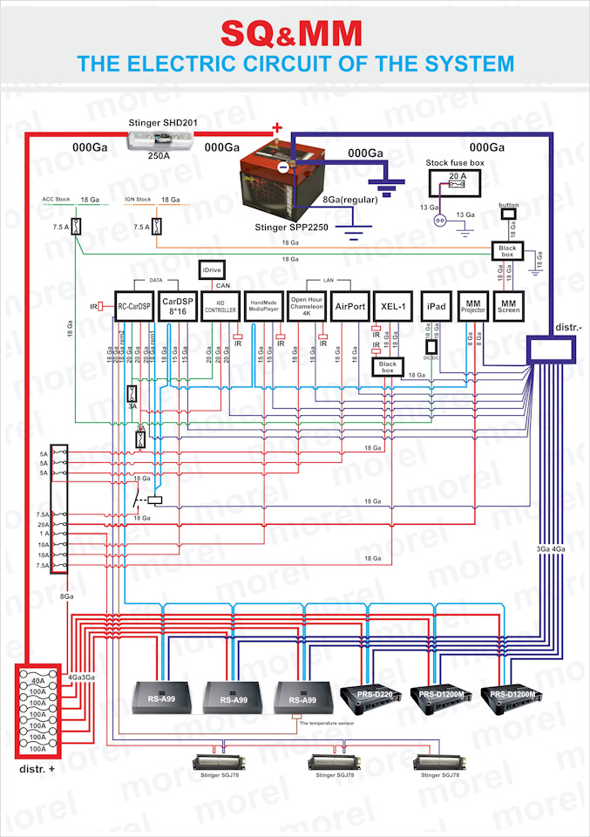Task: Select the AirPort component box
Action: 349,306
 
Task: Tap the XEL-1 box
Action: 391,307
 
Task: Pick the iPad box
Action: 436,307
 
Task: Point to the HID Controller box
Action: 220,306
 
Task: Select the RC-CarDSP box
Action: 134,306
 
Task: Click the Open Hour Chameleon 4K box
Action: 306,306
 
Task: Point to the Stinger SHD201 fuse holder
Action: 159,139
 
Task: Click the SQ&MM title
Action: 290,33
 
